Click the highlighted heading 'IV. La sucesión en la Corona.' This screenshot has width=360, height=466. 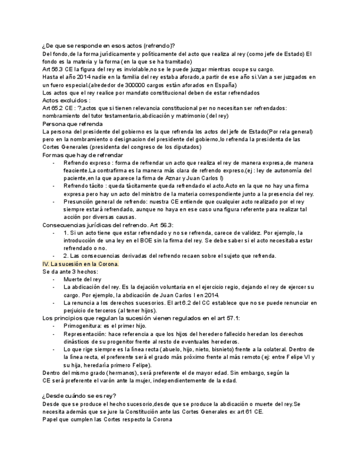[81, 264]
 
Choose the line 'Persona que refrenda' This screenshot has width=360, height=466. [71, 124]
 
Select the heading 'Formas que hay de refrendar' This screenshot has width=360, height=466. [82, 156]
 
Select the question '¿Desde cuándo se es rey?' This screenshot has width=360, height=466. [79, 396]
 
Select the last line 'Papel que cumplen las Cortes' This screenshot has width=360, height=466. [107, 419]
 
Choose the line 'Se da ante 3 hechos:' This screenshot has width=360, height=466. [70, 271]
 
